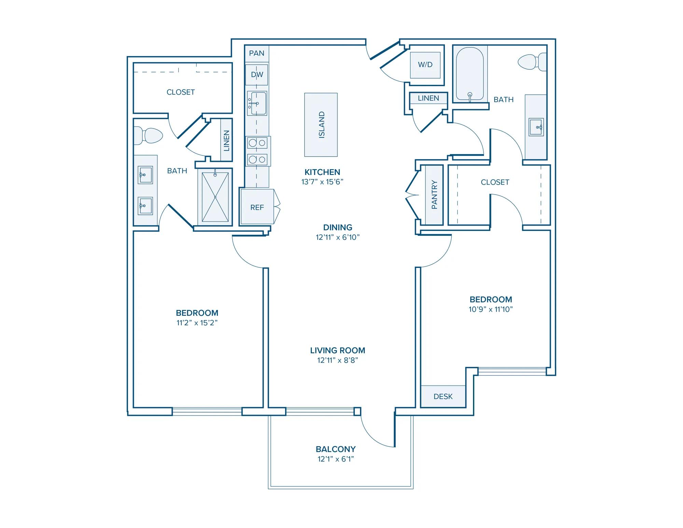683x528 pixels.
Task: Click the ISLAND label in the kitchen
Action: click(321, 125)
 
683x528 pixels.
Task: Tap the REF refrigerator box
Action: click(257, 207)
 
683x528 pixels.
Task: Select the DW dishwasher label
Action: click(257, 75)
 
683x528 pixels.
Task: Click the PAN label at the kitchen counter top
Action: click(256, 53)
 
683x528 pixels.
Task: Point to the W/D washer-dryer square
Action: click(425, 65)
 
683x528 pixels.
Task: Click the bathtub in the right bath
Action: click(470, 74)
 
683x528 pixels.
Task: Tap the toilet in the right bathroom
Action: click(532, 62)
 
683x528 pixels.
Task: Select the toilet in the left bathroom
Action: click(148, 136)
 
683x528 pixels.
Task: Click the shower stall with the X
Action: click(215, 197)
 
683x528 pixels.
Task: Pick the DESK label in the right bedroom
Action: click(443, 396)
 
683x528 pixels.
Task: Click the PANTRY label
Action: click(434, 194)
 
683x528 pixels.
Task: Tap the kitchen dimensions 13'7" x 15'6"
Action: click(322, 182)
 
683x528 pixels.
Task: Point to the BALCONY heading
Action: click(336, 449)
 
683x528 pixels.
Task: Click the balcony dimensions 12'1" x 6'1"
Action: click(336, 459)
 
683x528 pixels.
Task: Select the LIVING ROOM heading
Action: click(338, 350)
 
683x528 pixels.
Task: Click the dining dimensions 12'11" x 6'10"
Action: click(338, 237)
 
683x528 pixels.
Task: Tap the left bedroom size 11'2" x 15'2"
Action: click(197, 323)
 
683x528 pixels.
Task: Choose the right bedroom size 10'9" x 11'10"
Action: click(491, 309)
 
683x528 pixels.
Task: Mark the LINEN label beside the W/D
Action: click(428, 98)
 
